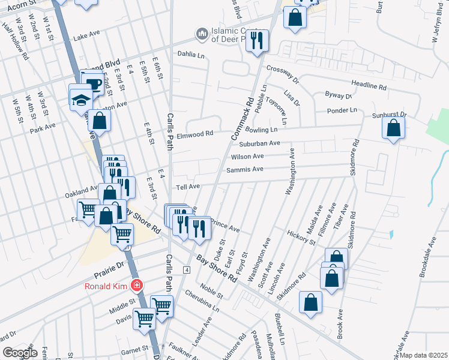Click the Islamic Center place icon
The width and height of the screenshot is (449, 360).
click(202, 32)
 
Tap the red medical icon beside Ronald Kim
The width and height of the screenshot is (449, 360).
click(137, 285)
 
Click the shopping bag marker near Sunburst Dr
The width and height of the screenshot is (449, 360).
click(393, 128)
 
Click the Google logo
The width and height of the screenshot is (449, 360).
click(20, 352)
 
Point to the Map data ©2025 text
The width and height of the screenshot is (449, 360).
click(423, 355)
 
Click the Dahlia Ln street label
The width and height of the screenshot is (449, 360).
click(191, 54)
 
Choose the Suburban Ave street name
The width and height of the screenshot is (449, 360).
click(259, 143)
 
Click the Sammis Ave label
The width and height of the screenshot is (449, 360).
click(245, 170)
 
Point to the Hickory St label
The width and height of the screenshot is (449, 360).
click(301, 237)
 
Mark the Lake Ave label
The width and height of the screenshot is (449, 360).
click(85, 37)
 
